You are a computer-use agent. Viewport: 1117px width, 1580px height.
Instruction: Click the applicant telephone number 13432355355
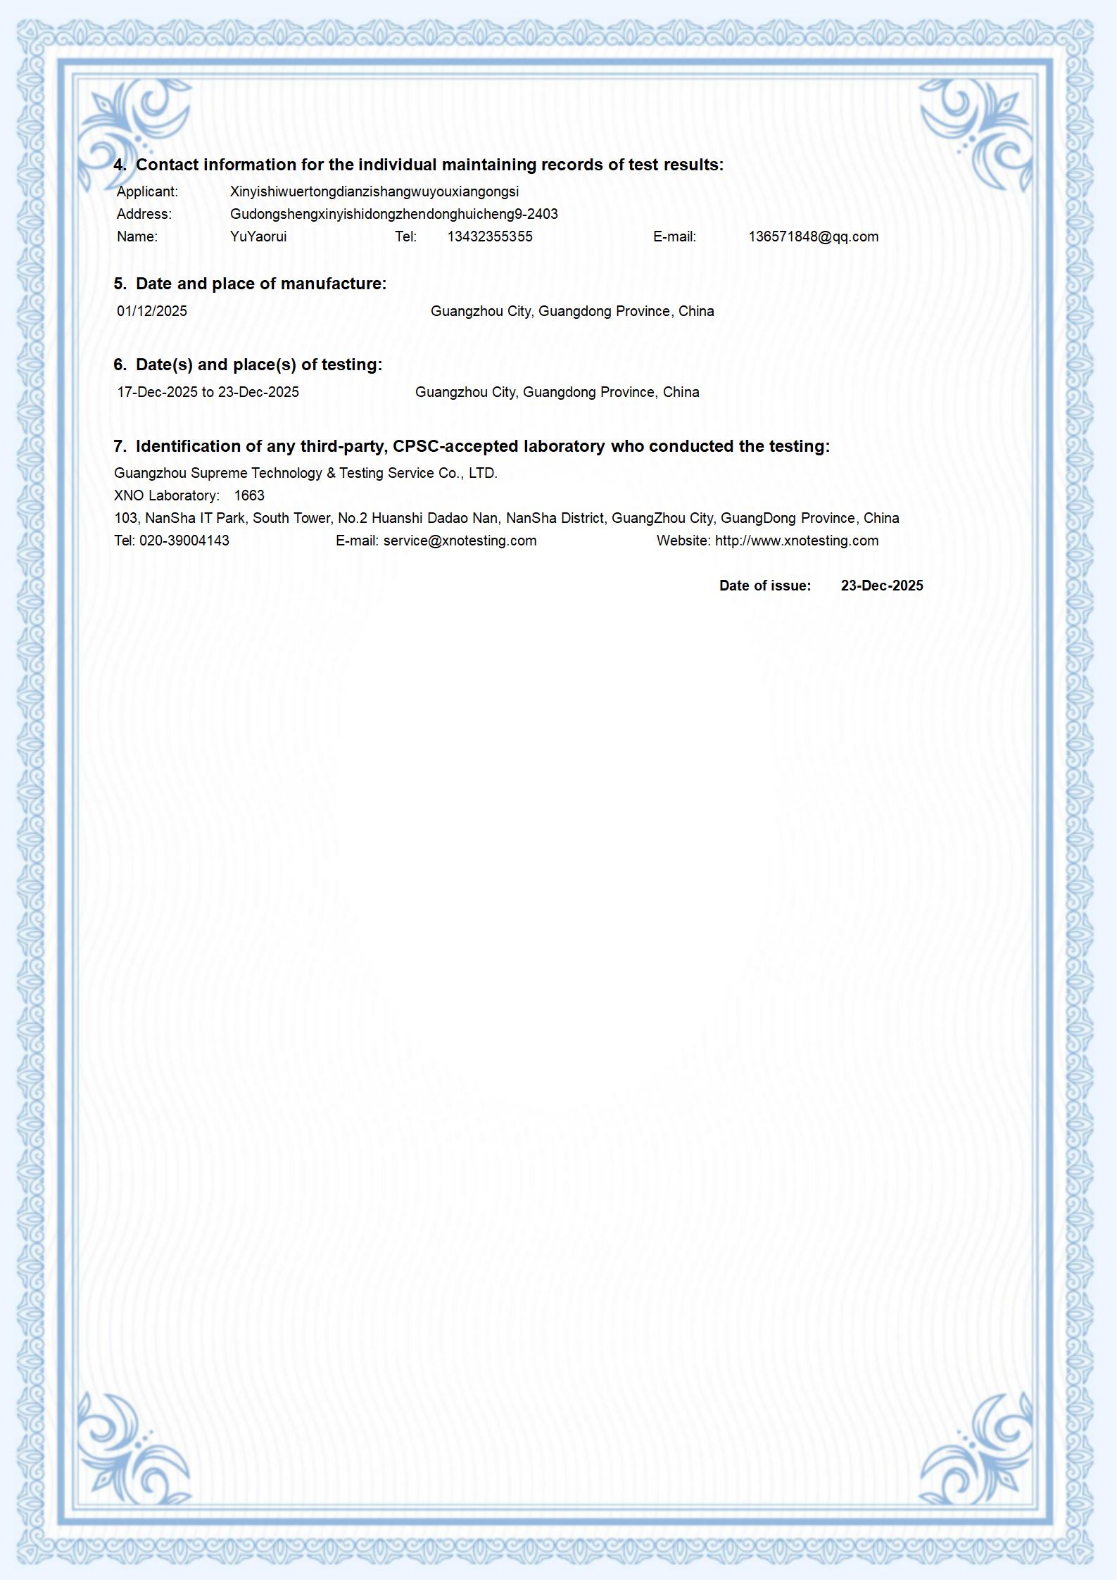[x=490, y=236]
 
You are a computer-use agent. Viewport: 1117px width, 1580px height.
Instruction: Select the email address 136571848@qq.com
[x=813, y=236]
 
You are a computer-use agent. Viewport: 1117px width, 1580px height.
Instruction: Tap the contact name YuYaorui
[x=258, y=236]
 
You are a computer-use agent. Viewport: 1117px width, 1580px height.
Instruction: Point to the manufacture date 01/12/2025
[x=152, y=311]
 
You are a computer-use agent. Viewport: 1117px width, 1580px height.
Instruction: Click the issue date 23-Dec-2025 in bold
[x=882, y=586]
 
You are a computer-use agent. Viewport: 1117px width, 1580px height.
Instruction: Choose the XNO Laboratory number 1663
[x=249, y=495]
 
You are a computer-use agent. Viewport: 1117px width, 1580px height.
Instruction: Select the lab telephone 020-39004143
[x=184, y=541]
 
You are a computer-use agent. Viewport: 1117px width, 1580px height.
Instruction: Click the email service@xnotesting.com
[x=460, y=541]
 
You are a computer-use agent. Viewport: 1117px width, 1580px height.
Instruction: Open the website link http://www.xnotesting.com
[x=797, y=541]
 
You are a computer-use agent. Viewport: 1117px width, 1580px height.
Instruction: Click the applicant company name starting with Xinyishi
[x=374, y=191]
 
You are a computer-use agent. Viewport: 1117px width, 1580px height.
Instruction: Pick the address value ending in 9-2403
[x=394, y=214]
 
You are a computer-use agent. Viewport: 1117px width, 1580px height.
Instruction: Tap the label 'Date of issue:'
[x=765, y=586]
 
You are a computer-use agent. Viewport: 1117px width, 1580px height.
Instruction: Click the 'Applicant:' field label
[x=147, y=191]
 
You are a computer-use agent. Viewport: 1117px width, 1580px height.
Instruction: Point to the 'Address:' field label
[x=144, y=214]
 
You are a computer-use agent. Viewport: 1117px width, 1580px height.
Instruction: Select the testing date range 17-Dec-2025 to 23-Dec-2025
[x=208, y=392]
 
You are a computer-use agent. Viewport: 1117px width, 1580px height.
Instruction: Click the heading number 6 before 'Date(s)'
[x=120, y=365]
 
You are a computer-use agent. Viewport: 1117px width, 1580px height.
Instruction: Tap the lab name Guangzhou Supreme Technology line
[x=305, y=473]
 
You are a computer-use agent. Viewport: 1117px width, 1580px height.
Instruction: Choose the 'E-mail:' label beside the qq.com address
[x=674, y=236]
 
